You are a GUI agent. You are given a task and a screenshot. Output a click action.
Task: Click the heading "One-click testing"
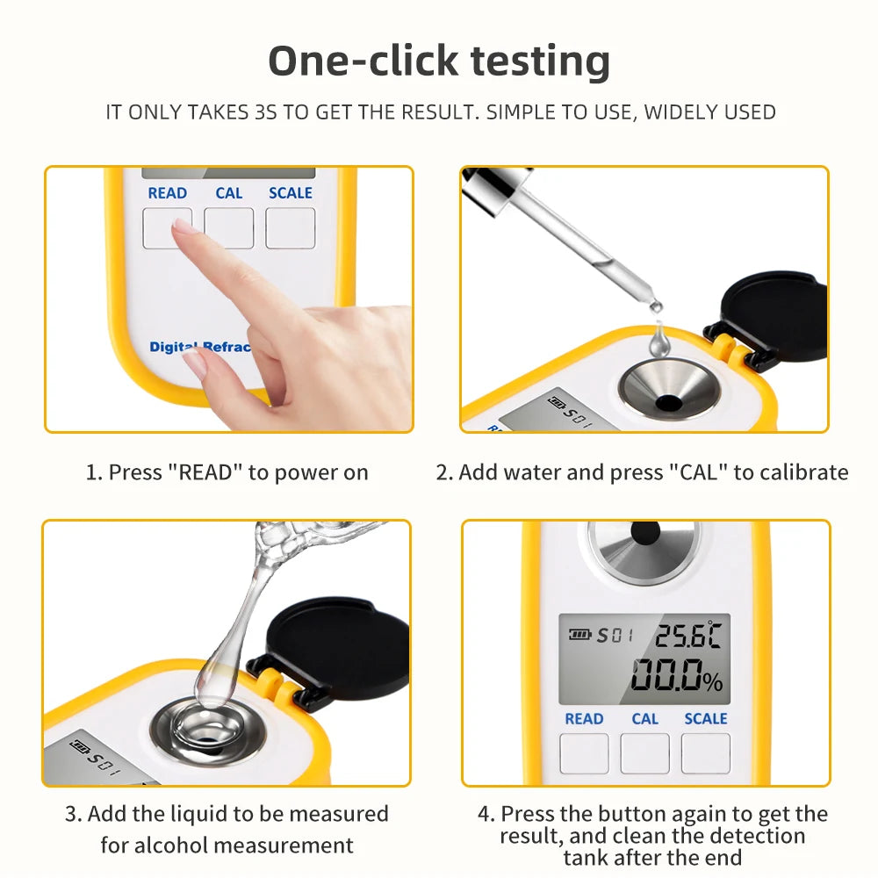coord(439,61)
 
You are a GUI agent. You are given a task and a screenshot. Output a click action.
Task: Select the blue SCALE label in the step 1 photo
coord(291,193)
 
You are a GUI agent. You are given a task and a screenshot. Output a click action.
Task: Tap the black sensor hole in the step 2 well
coord(669,403)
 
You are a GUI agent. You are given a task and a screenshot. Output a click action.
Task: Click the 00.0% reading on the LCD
coord(676,677)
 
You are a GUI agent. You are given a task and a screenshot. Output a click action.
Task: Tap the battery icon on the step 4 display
coord(579,635)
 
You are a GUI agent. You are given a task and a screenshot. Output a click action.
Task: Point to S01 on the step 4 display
coord(615,635)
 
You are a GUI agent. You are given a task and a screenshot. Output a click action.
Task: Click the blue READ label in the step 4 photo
coord(584,718)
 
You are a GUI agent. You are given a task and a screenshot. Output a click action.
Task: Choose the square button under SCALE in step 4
coord(705,753)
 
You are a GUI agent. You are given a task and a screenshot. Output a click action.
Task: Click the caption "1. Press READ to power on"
coord(227,472)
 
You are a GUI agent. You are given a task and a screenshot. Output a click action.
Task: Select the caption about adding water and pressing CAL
coord(642,472)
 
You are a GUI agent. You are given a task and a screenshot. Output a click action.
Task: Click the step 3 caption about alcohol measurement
coord(227,830)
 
